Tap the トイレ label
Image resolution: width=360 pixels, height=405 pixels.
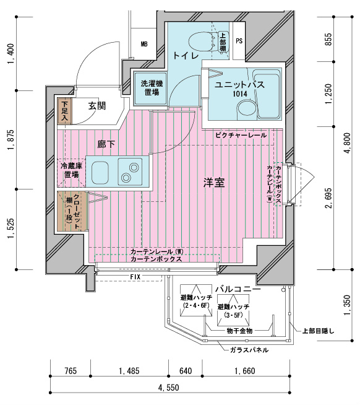pos(186,56)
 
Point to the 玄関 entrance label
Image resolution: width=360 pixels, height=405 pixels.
pos(96,106)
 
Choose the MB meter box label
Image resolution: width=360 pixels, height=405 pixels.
pos(144,44)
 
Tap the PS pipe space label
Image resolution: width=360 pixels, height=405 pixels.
pos(239,41)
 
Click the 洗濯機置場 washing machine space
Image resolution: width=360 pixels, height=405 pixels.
pos(148,87)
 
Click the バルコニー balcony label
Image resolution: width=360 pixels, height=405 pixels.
pos(238,289)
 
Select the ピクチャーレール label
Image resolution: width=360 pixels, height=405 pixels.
pos(241,134)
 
